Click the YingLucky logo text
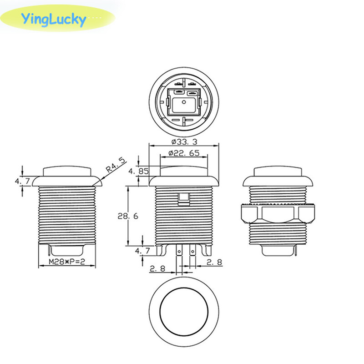(53, 20)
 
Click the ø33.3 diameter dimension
(184, 141)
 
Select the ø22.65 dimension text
(184, 153)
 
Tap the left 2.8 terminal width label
(157, 269)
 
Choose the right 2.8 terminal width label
(214, 262)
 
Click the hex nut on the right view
(278, 213)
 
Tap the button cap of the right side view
(278, 172)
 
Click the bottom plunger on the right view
(278, 250)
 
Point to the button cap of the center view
(184, 171)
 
